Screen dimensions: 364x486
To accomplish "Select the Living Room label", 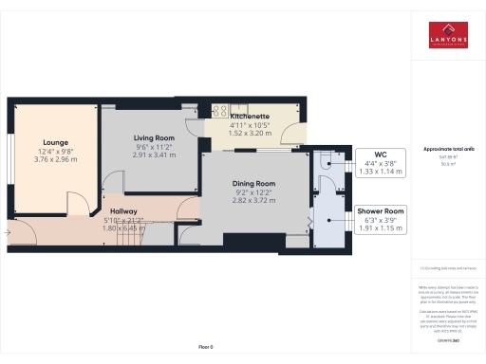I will point(153,137).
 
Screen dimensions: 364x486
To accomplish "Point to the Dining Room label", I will point(254,183).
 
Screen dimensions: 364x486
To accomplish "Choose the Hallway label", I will point(124,211).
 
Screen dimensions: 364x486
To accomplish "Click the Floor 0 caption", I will point(206,348).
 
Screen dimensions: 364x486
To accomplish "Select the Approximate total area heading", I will point(447,150).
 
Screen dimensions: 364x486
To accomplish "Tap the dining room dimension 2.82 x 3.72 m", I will point(254,201).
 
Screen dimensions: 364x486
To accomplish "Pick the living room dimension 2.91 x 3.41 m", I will point(153,155).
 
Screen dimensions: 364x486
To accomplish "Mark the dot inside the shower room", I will point(327,219).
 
